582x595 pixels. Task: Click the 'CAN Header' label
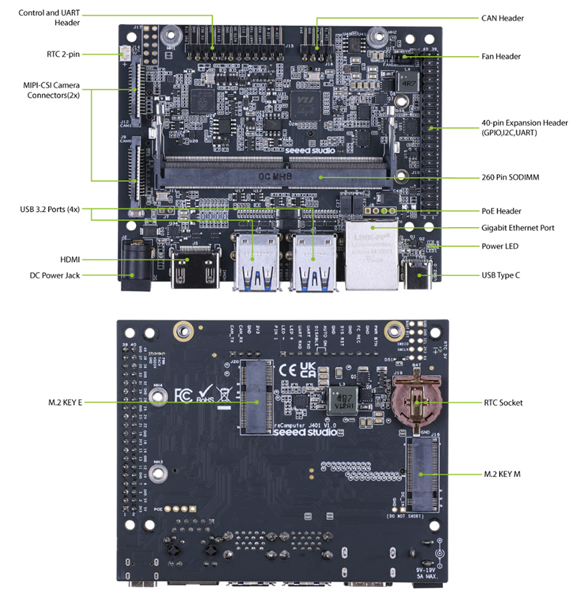coord(502,17)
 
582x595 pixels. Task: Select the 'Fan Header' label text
coord(501,56)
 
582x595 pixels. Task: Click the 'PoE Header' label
coord(501,211)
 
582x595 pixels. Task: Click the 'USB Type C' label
coord(503,275)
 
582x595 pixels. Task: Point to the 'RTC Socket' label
coord(503,402)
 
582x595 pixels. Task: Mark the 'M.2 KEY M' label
coord(503,473)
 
